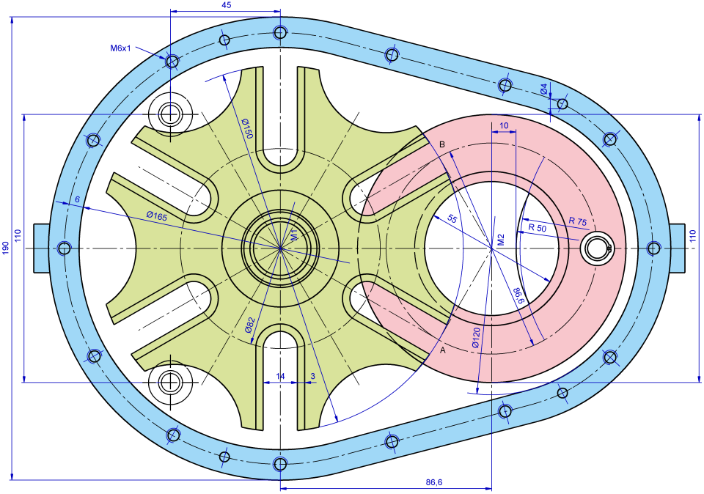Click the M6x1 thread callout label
coord(120,48)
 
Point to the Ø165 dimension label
coord(156,215)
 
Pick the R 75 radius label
coord(577,221)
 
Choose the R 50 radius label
coord(538,228)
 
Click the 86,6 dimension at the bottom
coord(434,482)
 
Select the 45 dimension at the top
coord(226,5)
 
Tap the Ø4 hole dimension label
coord(544,89)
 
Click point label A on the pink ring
coord(441,350)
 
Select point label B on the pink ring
coord(441,144)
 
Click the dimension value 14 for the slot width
coord(280,376)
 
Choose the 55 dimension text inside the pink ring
coord(452,219)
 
